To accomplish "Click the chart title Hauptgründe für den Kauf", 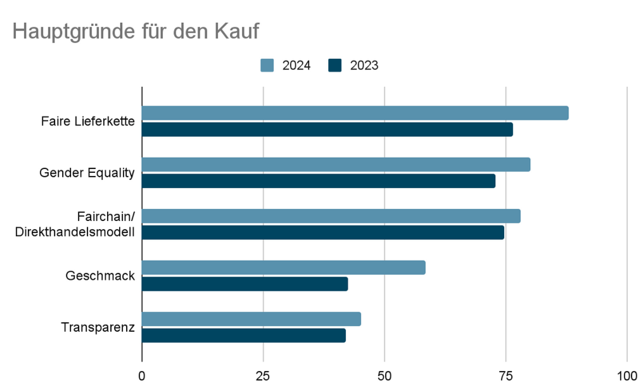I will click(136, 32).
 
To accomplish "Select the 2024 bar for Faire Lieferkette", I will click(355, 113).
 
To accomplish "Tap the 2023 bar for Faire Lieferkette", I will click(327, 130).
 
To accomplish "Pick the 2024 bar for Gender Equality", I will click(336, 165).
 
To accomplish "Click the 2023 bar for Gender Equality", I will click(318, 181).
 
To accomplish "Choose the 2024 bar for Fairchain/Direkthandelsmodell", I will click(331, 217).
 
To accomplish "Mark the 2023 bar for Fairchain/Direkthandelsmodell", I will click(322, 232).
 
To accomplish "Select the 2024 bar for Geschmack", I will click(283, 268).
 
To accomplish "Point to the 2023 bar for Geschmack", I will click(244, 284).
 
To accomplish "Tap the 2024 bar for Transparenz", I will click(251, 319).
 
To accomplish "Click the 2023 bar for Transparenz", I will click(243, 336).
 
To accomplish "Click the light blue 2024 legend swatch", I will click(267, 65).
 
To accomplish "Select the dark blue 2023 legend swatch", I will click(335, 65).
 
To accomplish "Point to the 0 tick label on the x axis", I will click(142, 376).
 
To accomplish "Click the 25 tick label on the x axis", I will click(263, 376).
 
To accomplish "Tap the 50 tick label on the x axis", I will click(384, 376).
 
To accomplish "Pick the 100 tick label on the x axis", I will click(626, 376).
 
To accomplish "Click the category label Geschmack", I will click(100, 276).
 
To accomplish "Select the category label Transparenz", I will click(98, 327).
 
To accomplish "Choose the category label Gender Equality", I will click(87, 173).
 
